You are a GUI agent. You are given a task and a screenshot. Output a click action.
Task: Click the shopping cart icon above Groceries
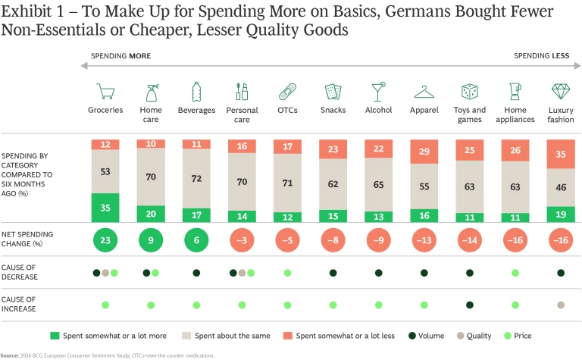(105, 92)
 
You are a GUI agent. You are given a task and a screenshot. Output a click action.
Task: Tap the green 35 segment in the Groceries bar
(105, 208)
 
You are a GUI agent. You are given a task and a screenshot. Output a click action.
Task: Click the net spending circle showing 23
(105, 241)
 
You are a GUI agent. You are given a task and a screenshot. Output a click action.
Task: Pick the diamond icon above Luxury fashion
(560, 92)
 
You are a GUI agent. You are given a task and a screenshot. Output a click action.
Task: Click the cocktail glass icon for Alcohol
(377, 92)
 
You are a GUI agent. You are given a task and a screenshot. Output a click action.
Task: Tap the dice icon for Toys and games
(469, 92)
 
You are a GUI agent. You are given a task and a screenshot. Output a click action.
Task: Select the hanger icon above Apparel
(424, 92)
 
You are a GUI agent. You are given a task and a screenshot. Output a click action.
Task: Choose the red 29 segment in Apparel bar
(424, 152)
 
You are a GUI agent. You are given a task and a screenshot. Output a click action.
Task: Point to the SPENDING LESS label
(541, 56)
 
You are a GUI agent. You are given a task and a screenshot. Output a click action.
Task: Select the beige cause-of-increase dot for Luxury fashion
(560, 305)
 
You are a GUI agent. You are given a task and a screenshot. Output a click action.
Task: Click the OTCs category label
(287, 111)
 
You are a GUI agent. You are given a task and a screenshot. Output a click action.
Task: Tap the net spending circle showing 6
(196, 241)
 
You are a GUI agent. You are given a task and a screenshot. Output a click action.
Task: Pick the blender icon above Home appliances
(515, 91)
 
